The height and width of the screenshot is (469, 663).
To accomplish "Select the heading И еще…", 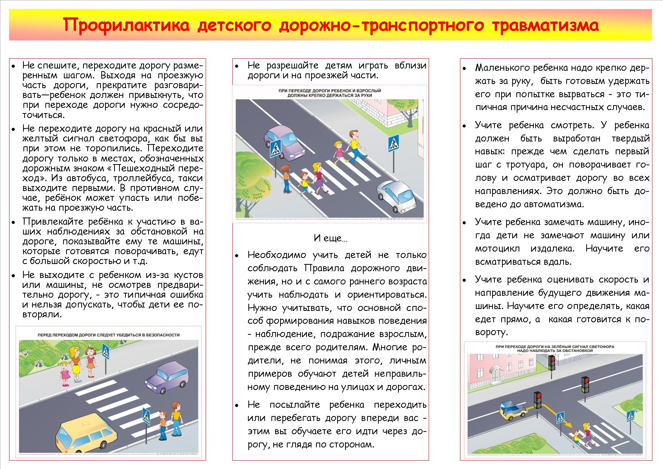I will coord(330,238).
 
